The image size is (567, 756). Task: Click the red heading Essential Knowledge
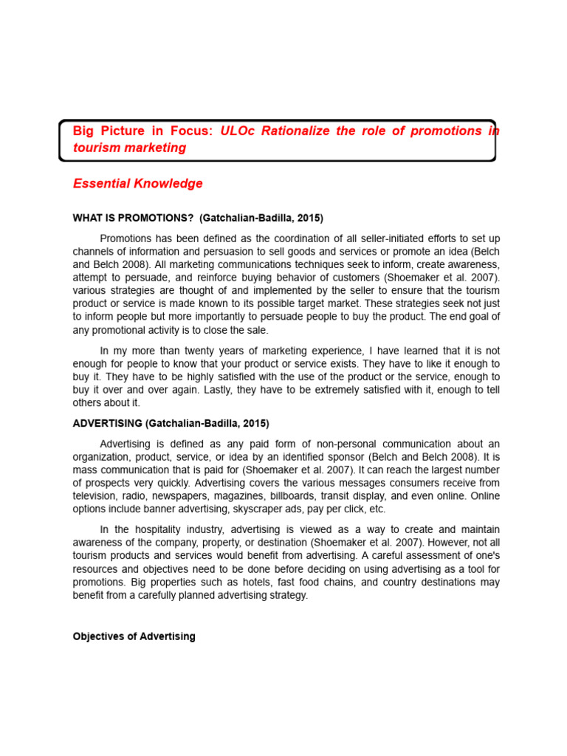(137, 184)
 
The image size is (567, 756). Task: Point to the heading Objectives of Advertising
(134, 636)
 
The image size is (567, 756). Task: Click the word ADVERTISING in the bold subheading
(108, 423)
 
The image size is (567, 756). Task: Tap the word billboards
(316, 496)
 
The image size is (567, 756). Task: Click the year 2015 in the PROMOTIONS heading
(309, 218)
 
